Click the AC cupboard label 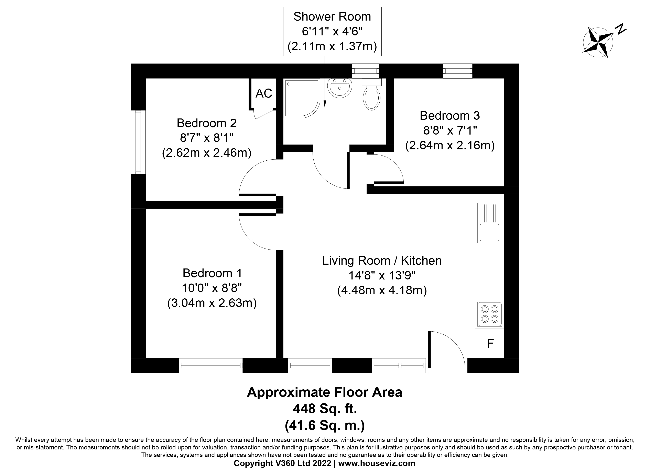pos(264,93)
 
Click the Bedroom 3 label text pos(449,116)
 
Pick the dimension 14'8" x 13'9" pos(382,275)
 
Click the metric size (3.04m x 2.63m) pos(212,303)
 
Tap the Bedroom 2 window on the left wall pos(138,142)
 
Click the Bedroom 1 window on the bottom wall pos(211,366)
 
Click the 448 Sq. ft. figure pos(325,409)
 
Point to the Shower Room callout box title pos(332,17)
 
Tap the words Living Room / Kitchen pos(382,261)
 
